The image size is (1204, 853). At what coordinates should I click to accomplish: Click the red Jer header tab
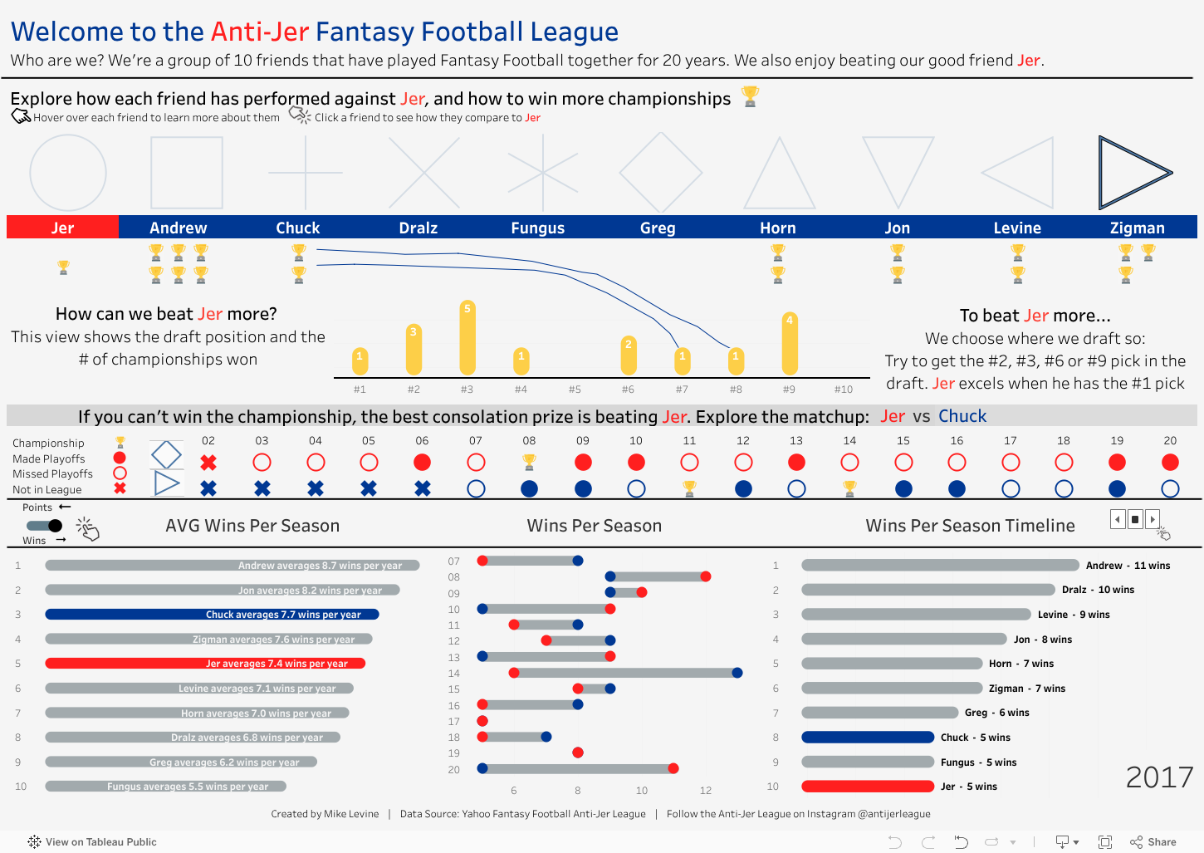(x=62, y=228)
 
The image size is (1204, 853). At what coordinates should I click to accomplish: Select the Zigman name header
(x=1137, y=228)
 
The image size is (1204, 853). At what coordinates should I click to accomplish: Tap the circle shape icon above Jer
(x=68, y=173)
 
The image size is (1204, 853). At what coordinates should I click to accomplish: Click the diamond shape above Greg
(x=661, y=173)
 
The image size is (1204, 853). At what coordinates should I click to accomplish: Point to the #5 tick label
(x=575, y=390)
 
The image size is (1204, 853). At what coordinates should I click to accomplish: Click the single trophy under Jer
(x=63, y=267)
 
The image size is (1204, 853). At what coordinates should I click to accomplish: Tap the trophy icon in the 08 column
(x=529, y=462)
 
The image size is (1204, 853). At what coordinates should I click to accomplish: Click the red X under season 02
(x=208, y=463)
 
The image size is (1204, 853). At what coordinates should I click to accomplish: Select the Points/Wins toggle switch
(x=45, y=526)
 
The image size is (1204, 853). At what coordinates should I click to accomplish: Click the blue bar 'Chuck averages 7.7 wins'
(x=212, y=615)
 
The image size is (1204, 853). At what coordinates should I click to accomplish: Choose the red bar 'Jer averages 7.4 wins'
(x=205, y=664)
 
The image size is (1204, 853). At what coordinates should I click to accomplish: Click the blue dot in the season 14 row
(x=737, y=673)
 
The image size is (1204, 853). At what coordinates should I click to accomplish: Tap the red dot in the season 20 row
(x=673, y=768)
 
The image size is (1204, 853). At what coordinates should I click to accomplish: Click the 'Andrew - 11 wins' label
(x=1128, y=566)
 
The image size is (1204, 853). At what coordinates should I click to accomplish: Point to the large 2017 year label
(x=1159, y=777)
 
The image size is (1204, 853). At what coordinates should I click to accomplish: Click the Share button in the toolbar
(x=1153, y=842)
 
